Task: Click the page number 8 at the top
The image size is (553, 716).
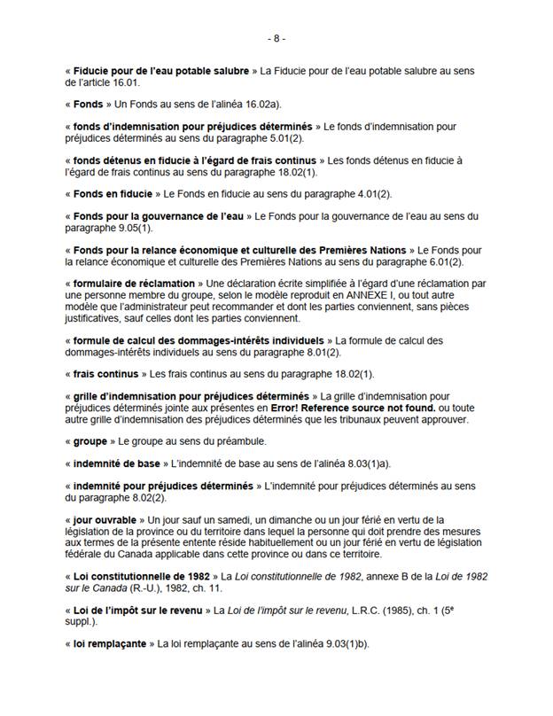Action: [276, 39]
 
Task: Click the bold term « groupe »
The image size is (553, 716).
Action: [89, 440]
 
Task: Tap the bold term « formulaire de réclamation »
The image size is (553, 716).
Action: [122, 284]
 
